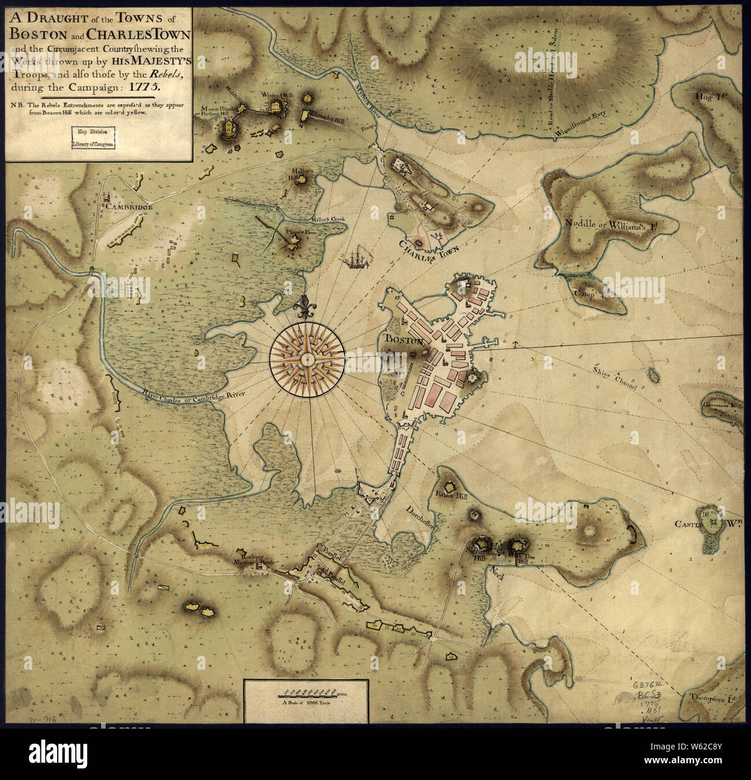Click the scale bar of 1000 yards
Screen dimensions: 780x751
pos(306,693)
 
